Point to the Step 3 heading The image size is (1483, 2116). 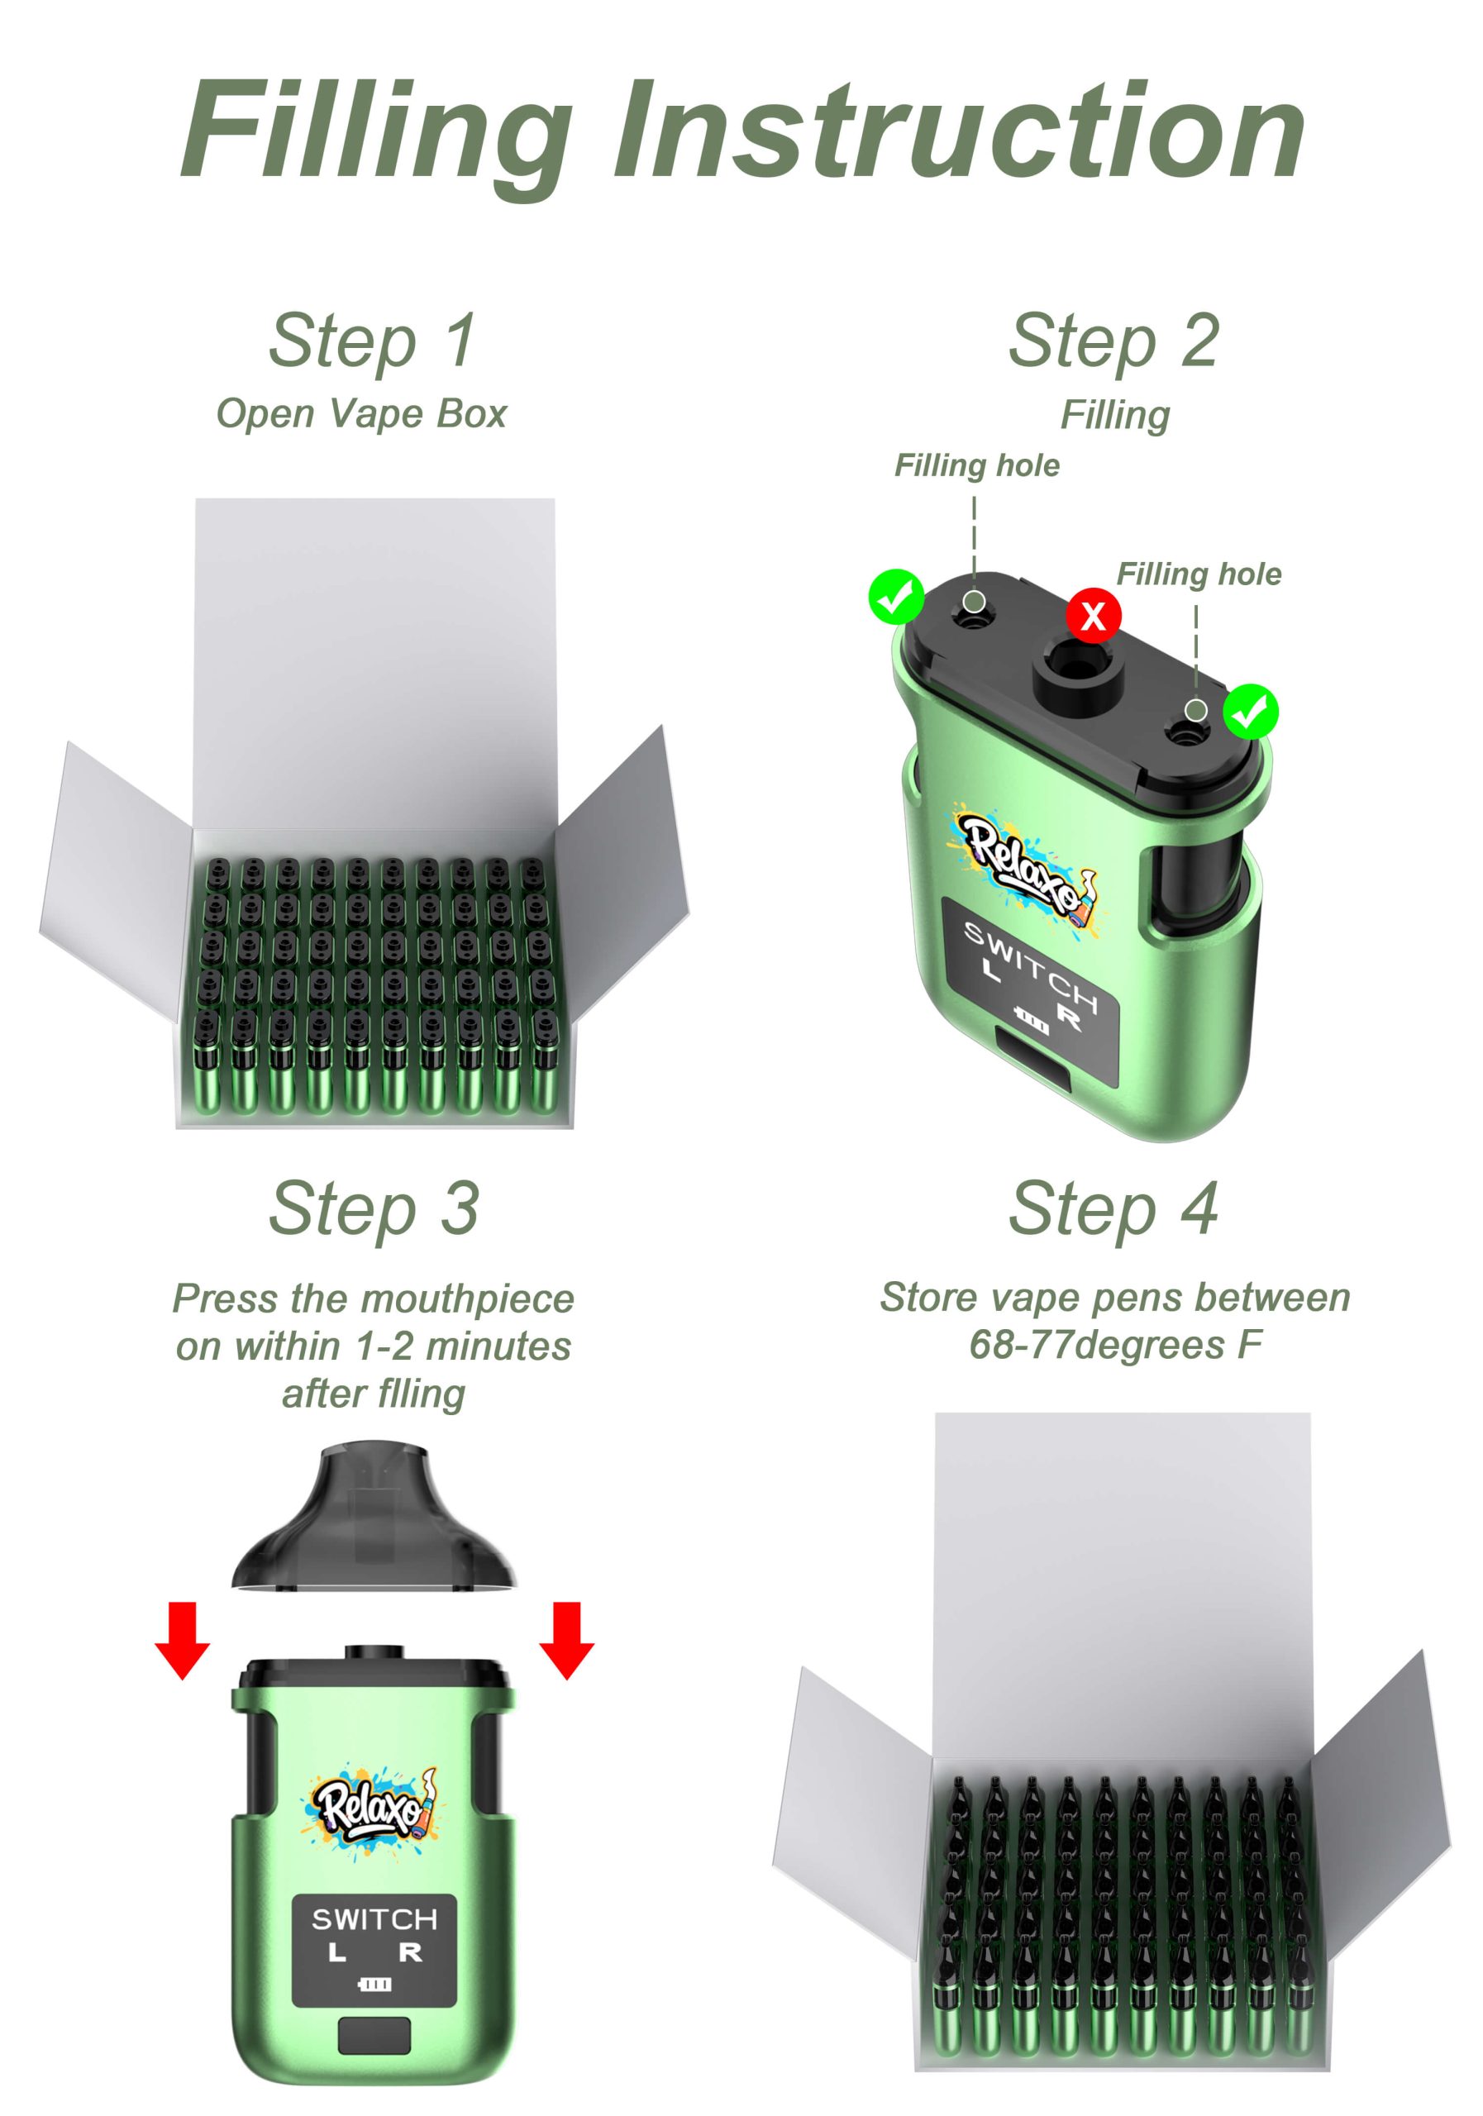click(x=374, y=1210)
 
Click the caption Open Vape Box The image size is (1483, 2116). click(x=361, y=414)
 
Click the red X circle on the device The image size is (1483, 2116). click(x=1093, y=616)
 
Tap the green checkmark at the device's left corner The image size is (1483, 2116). click(x=896, y=598)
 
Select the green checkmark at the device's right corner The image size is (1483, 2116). click(x=1251, y=712)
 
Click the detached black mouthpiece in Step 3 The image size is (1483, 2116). click(x=374, y=1518)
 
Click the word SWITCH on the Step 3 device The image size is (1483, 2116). click(x=374, y=1920)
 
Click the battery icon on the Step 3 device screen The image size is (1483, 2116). click(x=374, y=1983)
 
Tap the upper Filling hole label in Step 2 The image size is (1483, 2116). click(x=977, y=466)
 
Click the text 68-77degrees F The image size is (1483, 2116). click(x=1115, y=1345)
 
